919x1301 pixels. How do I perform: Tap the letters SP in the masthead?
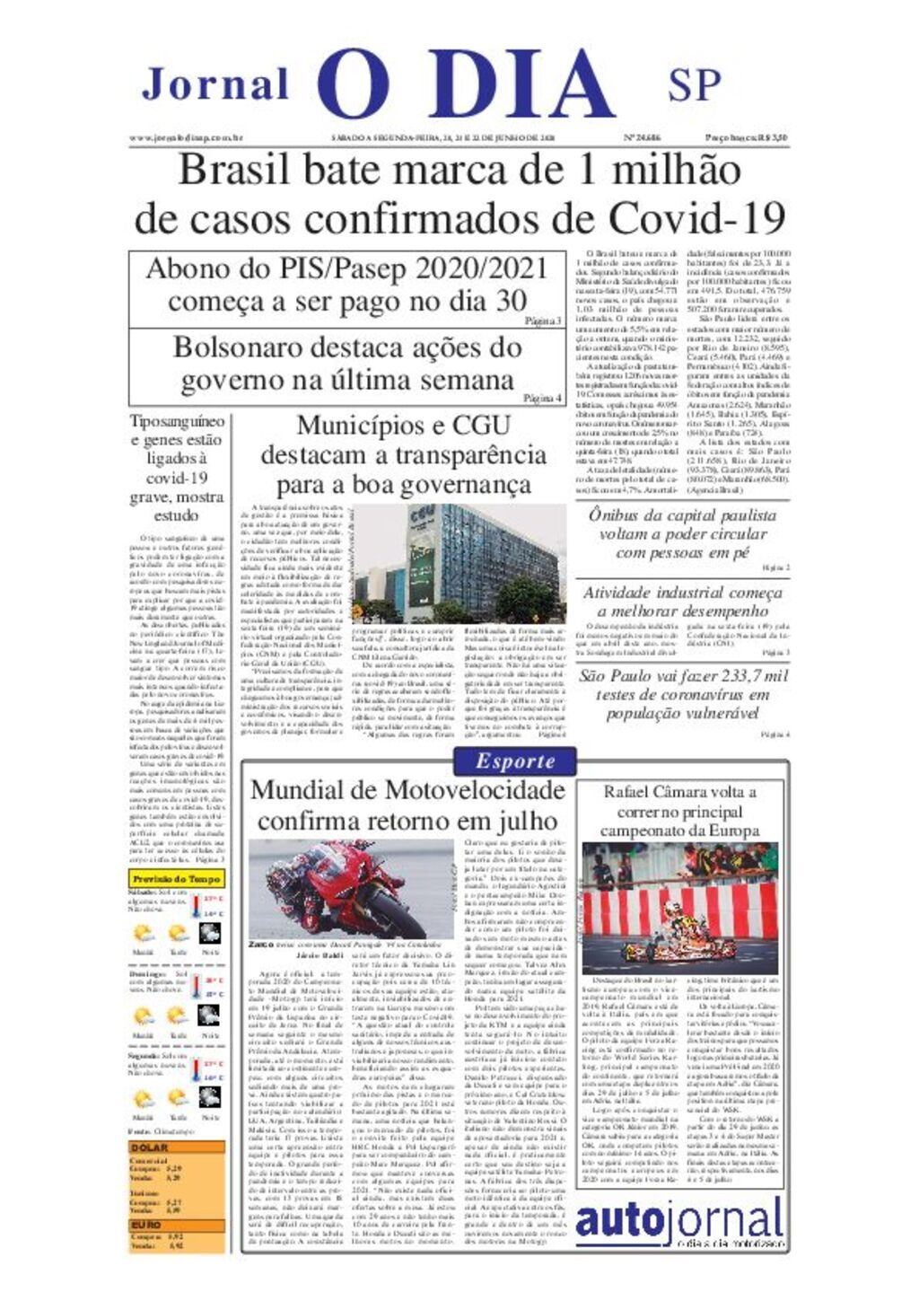(x=694, y=85)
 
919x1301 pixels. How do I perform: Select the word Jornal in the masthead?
(x=215, y=85)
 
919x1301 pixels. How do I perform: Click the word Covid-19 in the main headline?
(x=697, y=218)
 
